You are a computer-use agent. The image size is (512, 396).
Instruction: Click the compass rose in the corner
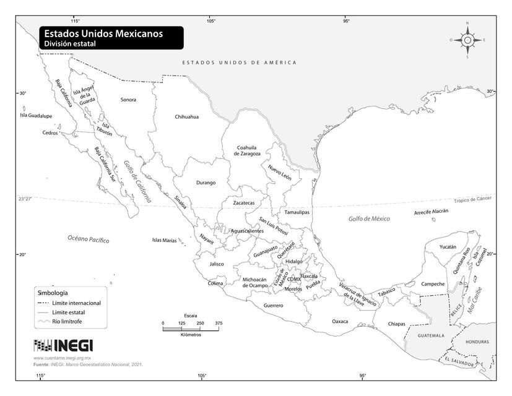pos(467,40)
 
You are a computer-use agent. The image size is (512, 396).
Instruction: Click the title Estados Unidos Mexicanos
pos(103,34)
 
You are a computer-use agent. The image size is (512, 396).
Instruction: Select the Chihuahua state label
pos(187,116)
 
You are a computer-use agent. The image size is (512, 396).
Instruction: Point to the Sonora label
pos(128,99)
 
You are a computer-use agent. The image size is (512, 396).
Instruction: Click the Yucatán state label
pos(448,246)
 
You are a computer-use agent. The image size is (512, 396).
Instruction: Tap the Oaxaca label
pos(340,322)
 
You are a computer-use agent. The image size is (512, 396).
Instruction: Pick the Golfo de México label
pos(370,218)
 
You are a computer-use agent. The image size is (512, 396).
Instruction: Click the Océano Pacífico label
pos(89,239)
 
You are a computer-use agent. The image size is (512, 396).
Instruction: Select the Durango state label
pos(206,183)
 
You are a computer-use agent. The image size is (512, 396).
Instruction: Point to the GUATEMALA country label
pos(431,335)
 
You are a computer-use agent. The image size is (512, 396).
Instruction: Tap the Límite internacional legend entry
pos(77,303)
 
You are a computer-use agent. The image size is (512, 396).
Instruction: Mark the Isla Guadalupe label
pos(36,115)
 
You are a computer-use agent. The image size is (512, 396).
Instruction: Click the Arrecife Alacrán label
pos(431,212)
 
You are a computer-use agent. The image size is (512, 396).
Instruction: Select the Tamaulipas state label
pos(297,212)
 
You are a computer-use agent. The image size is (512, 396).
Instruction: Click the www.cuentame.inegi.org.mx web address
pos(62,358)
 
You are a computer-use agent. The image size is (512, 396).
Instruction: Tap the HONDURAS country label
pos(477,342)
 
